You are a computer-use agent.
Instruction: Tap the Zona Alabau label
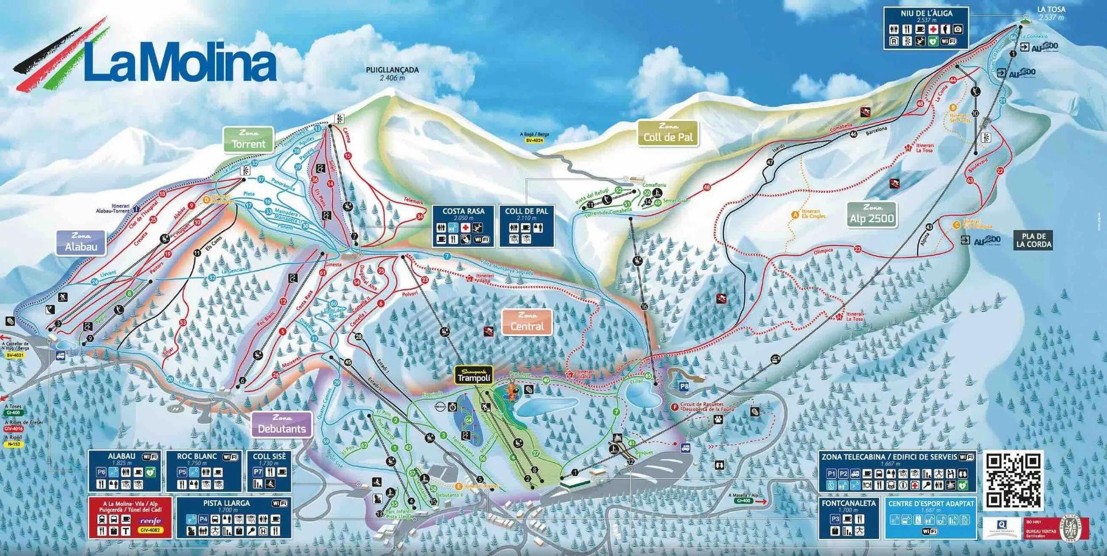pyautogui.click(x=81, y=243)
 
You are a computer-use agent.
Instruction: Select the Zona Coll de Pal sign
pyautogui.click(x=668, y=133)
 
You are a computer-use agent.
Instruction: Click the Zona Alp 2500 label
pyautogui.click(x=872, y=215)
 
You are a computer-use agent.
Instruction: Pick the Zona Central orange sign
pyautogui.click(x=527, y=322)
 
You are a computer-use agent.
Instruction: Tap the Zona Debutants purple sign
pyautogui.click(x=282, y=424)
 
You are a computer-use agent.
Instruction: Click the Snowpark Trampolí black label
pyautogui.click(x=474, y=376)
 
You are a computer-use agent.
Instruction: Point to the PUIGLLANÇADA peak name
pyautogui.click(x=392, y=70)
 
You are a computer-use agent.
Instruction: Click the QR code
pyautogui.click(x=1013, y=481)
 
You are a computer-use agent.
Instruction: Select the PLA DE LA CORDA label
pyautogui.click(x=1033, y=240)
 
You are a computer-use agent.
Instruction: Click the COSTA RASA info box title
pyautogui.click(x=463, y=211)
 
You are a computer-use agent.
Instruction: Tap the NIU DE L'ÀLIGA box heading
pyautogui.click(x=926, y=14)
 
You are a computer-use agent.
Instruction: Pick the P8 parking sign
pyautogui.click(x=684, y=386)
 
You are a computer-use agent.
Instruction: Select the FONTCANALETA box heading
pyautogui.click(x=848, y=503)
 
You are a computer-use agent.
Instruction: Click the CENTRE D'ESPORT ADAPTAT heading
pyautogui.click(x=931, y=504)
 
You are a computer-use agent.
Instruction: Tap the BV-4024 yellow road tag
pyautogui.click(x=534, y=140)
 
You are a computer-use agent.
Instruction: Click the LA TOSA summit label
pyautogui.click(x=1051, y=9)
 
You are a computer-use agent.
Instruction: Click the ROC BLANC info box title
pyautogui.click(x=197, y=456)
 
